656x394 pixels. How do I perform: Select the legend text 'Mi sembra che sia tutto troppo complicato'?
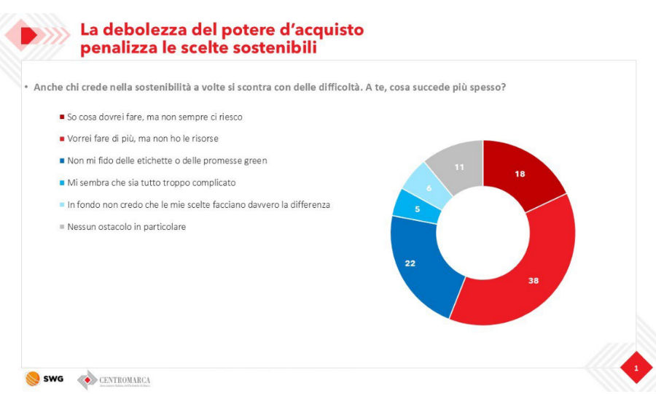click(152, 182)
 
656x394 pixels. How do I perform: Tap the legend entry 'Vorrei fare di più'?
click(143, 138)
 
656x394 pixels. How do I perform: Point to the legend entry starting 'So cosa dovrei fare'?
click(155, 116)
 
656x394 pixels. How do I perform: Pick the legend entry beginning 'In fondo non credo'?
click(198, 204)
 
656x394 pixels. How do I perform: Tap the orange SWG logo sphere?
click(33, 379)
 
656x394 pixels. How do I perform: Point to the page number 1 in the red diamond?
click(636, 368)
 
